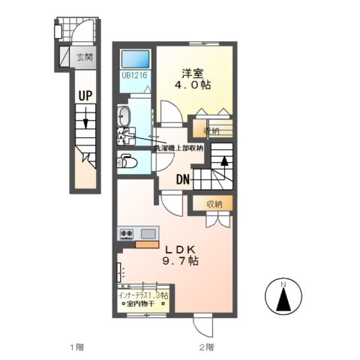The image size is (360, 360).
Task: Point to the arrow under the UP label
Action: click(86, 119)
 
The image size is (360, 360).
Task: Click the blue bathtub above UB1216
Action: click(135, 58)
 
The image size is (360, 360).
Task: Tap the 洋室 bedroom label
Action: click(192, 73)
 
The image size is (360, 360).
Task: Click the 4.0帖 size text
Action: click(192, 86)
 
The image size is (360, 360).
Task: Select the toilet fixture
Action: click(125, 161)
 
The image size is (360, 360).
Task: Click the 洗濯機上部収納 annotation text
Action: click(178, 148)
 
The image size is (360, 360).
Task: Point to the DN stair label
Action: click(183, 179)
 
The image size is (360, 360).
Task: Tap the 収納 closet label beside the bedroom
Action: click(213, 131)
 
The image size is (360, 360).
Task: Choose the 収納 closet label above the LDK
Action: click(214, 203)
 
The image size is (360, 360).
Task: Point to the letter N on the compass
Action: click(283, 285)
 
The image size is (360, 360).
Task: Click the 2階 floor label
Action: click(207, 347)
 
